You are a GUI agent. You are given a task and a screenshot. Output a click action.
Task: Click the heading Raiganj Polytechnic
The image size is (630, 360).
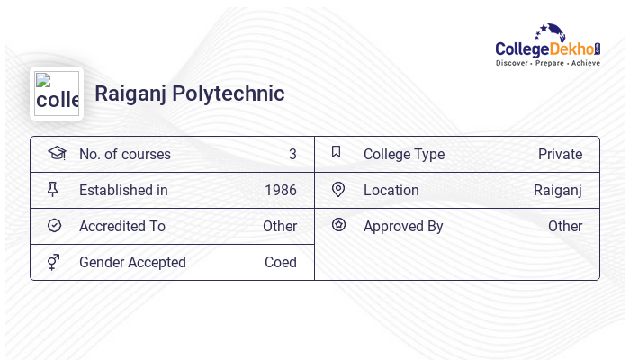189,94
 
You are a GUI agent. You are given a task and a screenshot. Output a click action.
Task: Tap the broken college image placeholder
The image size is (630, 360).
57,94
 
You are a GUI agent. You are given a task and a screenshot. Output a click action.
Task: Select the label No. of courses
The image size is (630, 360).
125,155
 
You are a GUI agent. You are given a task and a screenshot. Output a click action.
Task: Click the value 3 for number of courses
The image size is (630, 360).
292,155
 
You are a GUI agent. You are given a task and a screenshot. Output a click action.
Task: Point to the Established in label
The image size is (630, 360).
123,191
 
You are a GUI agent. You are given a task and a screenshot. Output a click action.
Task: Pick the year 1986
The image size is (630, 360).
281,191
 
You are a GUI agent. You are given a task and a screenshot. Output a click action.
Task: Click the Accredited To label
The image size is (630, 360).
122,227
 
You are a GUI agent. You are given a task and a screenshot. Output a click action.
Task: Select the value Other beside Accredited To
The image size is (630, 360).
280,227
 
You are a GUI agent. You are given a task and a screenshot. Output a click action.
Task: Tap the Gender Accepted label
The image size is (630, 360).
132,263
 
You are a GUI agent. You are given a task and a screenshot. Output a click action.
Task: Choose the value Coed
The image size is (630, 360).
281,263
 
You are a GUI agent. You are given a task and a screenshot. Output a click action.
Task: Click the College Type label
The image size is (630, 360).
404,155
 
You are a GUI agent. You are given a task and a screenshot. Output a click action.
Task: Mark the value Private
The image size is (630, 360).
560,155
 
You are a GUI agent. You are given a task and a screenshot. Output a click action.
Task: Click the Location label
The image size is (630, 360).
391,191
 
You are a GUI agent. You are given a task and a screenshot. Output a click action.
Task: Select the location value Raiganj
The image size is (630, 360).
558,191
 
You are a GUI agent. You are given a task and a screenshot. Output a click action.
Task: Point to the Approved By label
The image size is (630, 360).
403,227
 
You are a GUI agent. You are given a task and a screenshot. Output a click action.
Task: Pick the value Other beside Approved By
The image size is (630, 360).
565,227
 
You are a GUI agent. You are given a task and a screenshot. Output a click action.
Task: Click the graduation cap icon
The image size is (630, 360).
57,153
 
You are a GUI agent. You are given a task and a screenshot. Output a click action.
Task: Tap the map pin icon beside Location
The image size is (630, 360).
338,190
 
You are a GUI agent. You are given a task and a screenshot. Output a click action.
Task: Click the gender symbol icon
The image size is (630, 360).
54,262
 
